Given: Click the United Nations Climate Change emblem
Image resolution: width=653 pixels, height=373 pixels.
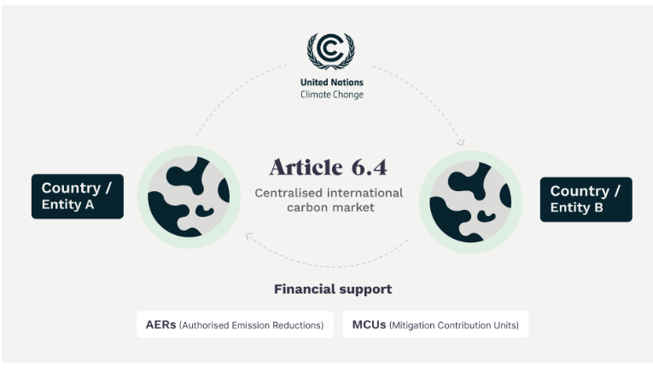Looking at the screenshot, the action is [x=331, y=51].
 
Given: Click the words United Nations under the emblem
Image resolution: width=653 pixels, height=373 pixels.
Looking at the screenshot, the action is [x=332, y=83].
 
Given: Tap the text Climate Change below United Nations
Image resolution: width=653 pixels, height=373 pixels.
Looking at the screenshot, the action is [x=332, y=95].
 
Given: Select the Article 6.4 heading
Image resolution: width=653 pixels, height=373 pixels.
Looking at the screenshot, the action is [x=328, y=167].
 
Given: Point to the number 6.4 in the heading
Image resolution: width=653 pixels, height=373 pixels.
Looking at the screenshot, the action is [x=370, y=167].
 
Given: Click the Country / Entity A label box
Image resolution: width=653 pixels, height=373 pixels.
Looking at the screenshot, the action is [x=78, y=196].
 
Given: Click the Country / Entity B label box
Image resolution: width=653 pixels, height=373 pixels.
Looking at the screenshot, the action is [x=586, y=200].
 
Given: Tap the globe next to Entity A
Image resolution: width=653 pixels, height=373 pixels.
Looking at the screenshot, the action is [x=189, y=196].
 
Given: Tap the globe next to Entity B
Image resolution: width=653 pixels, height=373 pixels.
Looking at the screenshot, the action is [x=470, y=202].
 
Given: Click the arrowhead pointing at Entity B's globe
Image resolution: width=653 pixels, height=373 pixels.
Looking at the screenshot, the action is [x=460, y=143].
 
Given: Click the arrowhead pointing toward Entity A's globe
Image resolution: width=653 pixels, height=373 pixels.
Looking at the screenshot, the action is [x=249, y=236].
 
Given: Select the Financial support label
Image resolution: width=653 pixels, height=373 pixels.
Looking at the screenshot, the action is [x=333, y=288].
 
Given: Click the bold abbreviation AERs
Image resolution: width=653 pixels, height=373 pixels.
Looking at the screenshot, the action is [x=160, y=324].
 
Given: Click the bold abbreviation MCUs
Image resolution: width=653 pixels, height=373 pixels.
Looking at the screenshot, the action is [x=369, y=324].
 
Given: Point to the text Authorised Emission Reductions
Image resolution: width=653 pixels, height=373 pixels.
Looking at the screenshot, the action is [x=252, y=325].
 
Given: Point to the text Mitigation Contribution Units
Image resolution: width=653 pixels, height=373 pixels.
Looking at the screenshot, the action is [x=454, y=325].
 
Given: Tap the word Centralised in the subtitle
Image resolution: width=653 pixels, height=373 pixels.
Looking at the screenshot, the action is [x=289, y=193].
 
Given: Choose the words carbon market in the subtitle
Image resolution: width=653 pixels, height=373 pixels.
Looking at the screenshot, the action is [x=330, y=207].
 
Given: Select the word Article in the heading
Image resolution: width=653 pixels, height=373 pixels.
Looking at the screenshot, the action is [x=306, y=167].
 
